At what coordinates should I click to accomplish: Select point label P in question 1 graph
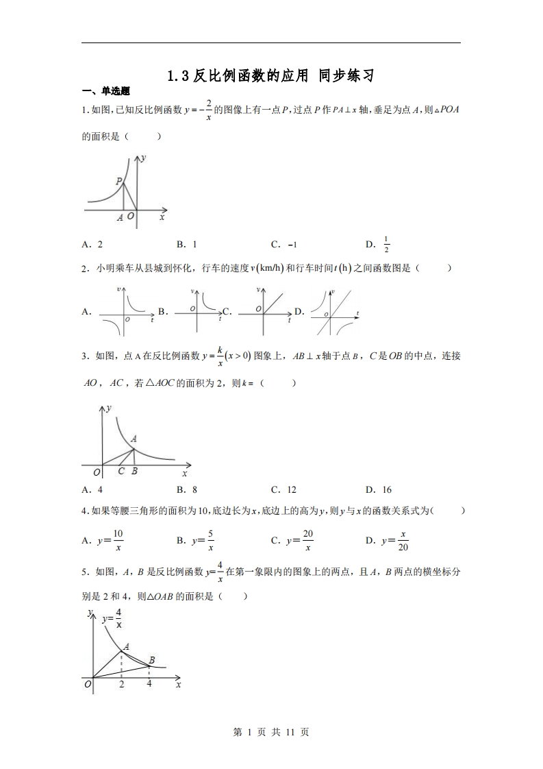click(119, 181)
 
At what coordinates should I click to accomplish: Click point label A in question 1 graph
click(120, 217)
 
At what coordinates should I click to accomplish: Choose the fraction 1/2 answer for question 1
click(386, 245)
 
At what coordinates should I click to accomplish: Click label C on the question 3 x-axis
click(121, 471)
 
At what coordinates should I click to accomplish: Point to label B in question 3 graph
click(134, 471)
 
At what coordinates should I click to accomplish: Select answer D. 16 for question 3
click(379, 489)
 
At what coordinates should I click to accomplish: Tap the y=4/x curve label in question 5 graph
click(112, 618)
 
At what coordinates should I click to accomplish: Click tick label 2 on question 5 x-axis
click(122, 684)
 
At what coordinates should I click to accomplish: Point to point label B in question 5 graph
click(151, 659)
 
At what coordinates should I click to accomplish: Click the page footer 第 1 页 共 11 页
click(271, 732)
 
